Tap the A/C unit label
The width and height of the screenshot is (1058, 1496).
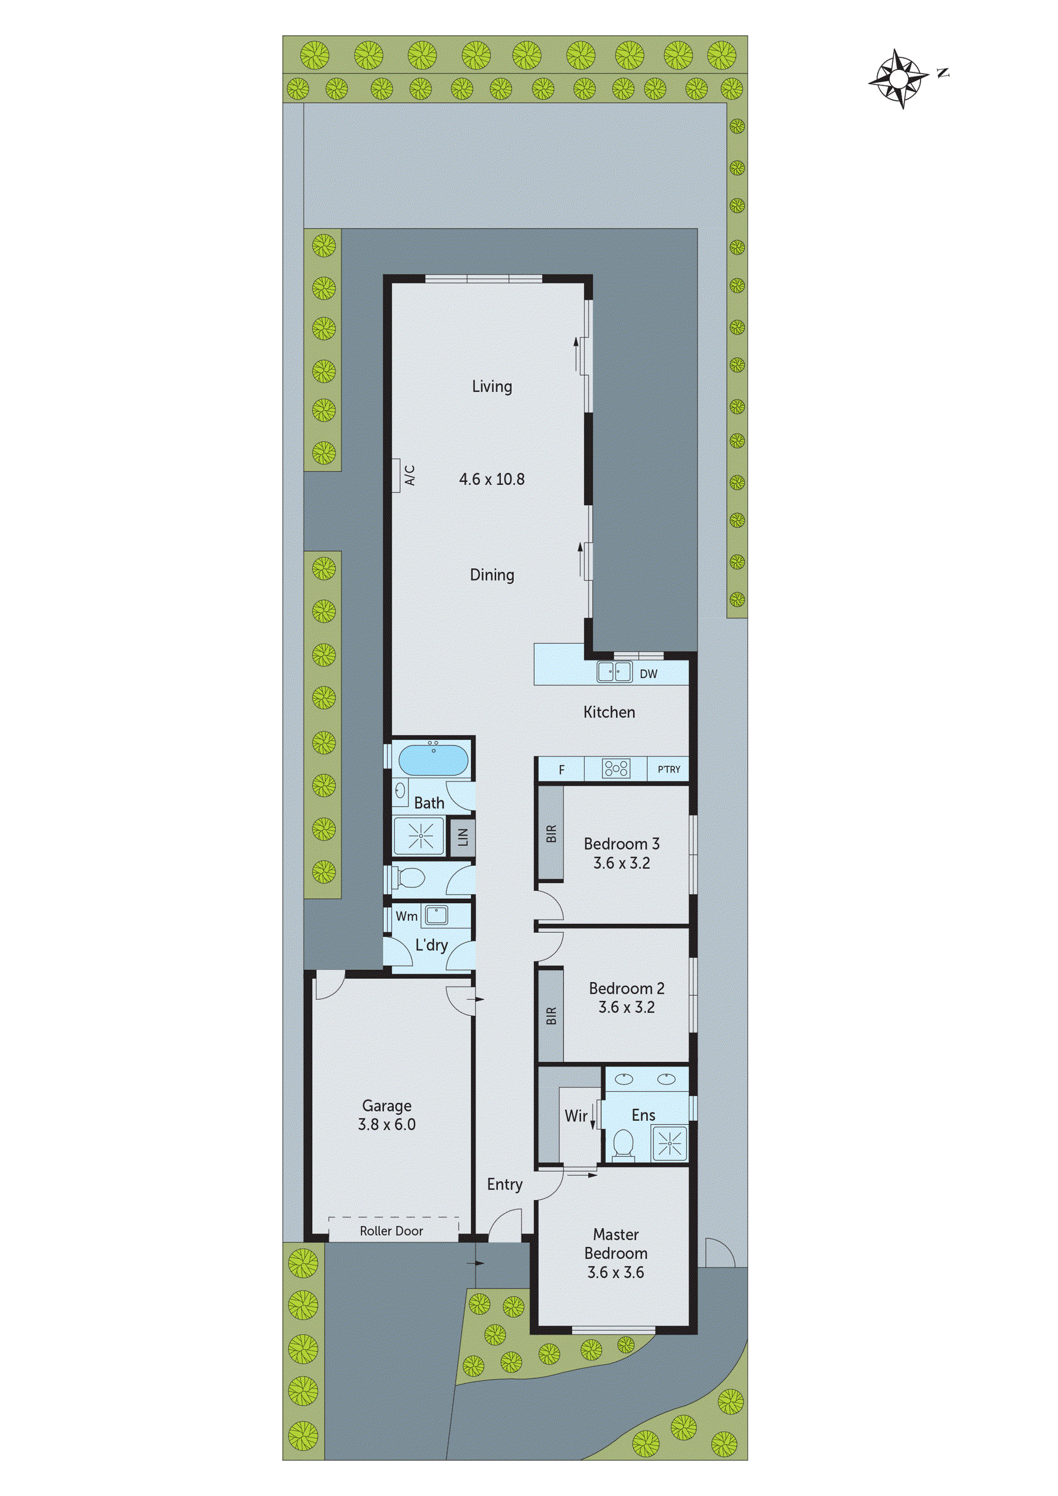(x=410, y=475)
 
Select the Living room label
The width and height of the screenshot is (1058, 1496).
(x=491, y=387)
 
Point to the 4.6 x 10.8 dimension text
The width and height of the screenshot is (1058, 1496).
(x=491, y=479)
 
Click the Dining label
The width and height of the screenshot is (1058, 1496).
(x=491, y=575)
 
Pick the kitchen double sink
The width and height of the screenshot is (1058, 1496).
(x=615, y=672)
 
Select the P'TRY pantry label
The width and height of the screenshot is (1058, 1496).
(x=669, y=770)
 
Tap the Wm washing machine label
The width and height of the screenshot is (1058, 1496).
(x=406, y=916)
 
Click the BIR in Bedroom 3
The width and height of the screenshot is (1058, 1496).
(x=551, y=834)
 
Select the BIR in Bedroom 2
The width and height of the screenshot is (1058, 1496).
(x=551, y=1016)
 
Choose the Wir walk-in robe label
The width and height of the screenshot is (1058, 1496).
(x=575, y=1116)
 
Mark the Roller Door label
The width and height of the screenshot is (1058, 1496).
(x=391, y=1231)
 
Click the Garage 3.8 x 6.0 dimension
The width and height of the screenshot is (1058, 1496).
(x=387, y=1124)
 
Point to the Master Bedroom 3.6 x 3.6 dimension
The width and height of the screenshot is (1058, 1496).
(x=615, y=1272)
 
